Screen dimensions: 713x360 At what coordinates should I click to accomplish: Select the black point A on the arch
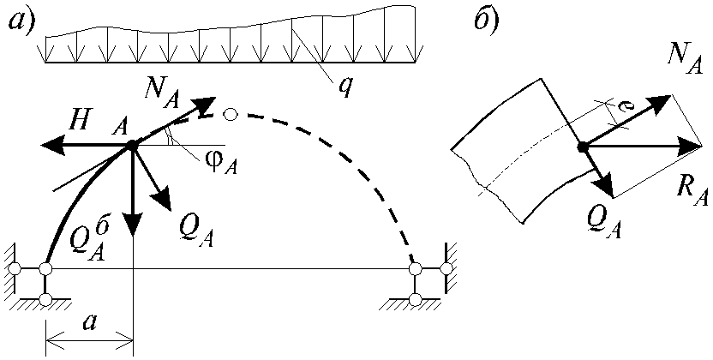tap(132, 145)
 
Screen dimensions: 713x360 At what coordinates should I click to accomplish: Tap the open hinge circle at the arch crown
tap(231, 114)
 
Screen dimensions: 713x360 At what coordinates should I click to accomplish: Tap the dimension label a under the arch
tap(91, 323)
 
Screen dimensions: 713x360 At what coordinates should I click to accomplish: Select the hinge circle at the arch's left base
tap(45, 268)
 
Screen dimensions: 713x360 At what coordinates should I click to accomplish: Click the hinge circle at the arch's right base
tap(415, 268)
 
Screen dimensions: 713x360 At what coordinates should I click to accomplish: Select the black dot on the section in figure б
tap(581, 147)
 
